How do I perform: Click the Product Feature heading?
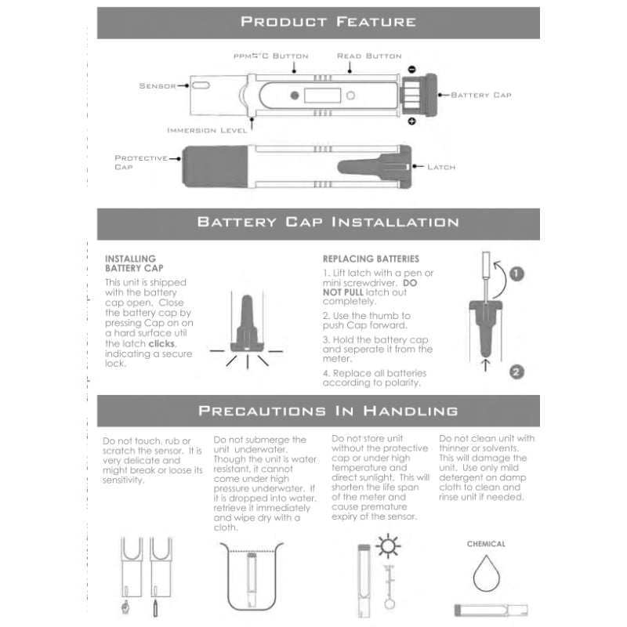(328, 21)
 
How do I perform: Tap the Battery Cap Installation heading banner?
(328, 222)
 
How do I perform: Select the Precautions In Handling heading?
(328, 410)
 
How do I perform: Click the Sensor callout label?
(157, 85)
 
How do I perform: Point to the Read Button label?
(368, 56)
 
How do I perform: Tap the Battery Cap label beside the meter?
(480, 95)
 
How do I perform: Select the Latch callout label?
(441, 167)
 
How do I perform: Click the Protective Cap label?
(141, 162)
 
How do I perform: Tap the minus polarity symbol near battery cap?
(411, 69)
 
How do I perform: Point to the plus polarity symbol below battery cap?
(411, 121)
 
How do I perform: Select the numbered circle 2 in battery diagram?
(516, 371)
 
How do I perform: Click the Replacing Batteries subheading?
(371, 259)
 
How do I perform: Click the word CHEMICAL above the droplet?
(486, 544)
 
